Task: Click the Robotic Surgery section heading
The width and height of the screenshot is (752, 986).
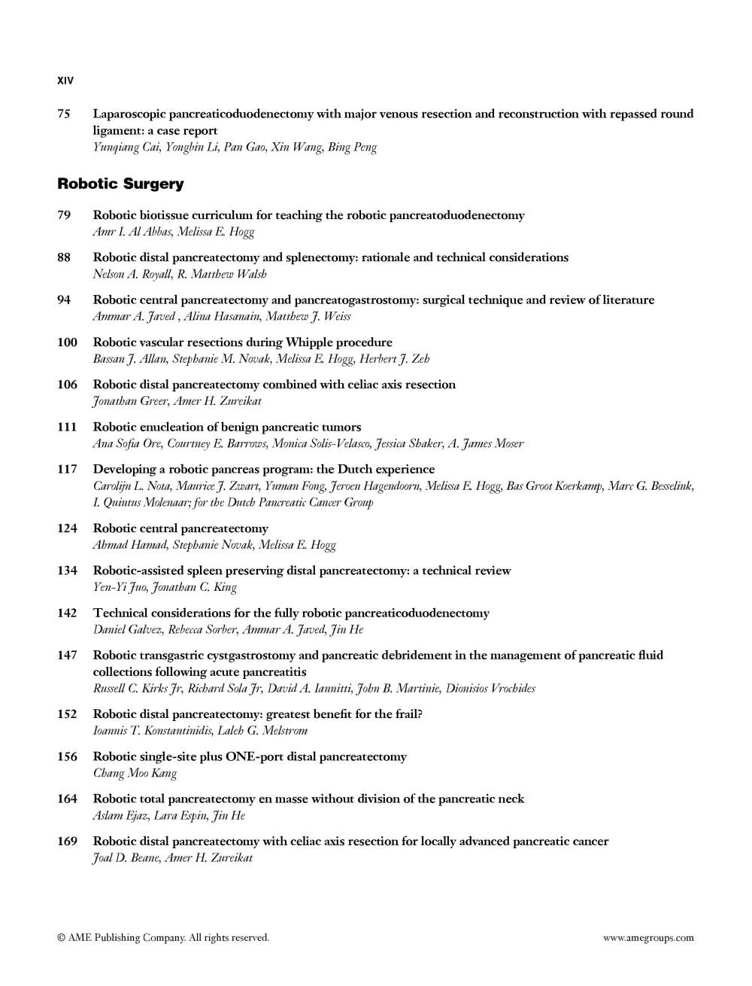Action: (120, 184)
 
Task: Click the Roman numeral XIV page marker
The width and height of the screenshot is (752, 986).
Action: (65, 81)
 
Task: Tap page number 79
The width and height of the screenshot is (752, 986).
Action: (64, 215)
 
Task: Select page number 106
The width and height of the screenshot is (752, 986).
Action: (67, 385)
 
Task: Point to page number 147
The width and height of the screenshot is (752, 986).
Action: (67, 656)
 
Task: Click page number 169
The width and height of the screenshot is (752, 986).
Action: (67, 841)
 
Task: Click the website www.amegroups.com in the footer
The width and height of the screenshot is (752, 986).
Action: (648, 938)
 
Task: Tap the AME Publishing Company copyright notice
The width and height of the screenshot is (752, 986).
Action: (163, 938)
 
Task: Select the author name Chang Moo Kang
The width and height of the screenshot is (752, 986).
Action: (135, 773)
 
